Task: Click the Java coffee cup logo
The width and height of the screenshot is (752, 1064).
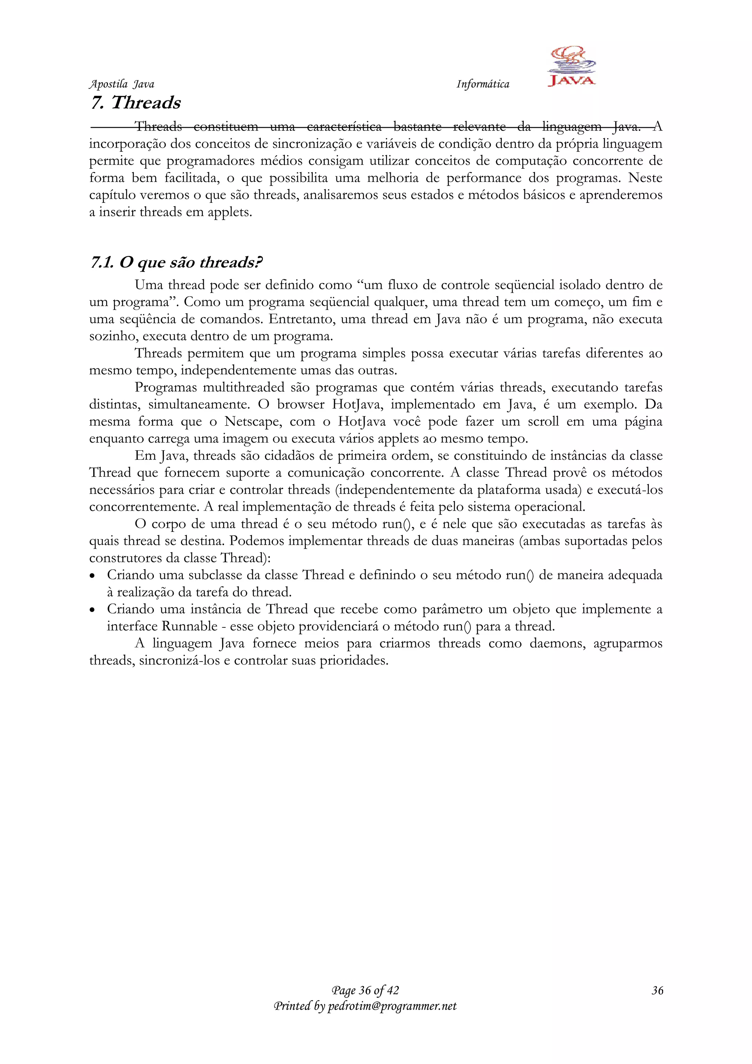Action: (571, 66)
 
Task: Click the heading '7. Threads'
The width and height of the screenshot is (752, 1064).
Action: (135, 103)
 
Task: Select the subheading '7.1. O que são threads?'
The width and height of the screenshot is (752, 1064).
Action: (176, 263)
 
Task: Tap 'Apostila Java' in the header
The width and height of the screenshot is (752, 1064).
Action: (121, 84)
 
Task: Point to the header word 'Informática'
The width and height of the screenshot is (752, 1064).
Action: (482, 84)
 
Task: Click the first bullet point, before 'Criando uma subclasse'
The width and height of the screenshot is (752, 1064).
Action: (93, 576)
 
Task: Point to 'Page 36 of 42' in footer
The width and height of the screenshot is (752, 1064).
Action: (365, 991)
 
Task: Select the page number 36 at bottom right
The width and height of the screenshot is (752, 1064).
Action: (657, 991)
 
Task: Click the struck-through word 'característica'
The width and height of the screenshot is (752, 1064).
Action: (344, 126)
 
